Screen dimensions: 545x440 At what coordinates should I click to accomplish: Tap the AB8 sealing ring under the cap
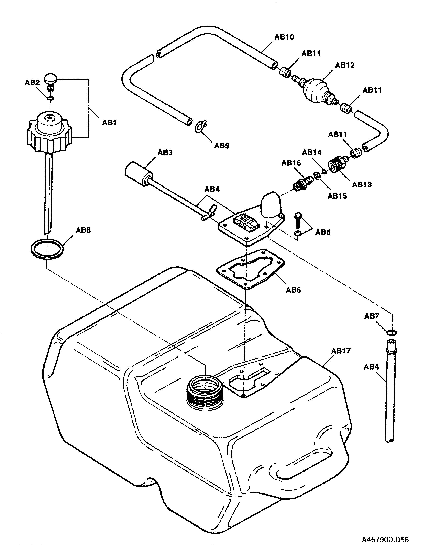pyautogui.click(x=47, y=249)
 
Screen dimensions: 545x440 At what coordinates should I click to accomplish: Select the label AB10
pyautogui.click(x=284, y=37)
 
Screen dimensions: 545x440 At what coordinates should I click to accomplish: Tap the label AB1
pyautogui.click(x=109, y=123)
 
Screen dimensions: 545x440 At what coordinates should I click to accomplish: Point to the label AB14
pyautogui.click(x=311, y=152)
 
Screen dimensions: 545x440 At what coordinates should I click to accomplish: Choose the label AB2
pyautogui.click(x=32, y=83)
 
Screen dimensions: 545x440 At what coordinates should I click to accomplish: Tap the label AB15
pyautogui.click(x=337, y=196)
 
